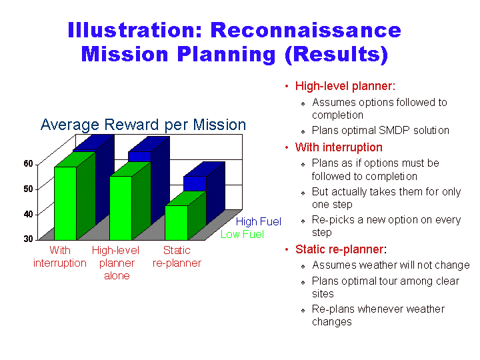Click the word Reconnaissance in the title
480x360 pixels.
306,30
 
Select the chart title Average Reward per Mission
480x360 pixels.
143,125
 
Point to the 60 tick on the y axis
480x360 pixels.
28,164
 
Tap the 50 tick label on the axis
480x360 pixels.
28,189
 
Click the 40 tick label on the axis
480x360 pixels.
28,214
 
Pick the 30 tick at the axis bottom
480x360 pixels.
28,239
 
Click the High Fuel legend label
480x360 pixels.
259,221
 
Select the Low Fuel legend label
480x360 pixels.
242,234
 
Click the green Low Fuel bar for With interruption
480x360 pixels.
65,203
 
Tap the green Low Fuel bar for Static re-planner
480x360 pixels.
176,223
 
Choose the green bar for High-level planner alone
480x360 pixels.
121,208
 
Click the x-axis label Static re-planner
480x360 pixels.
177,257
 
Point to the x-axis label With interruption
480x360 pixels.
60,257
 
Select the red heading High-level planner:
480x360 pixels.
345,86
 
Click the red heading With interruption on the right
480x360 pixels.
339,147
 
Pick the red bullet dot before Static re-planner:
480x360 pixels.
287,249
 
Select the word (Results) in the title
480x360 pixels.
337,55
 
